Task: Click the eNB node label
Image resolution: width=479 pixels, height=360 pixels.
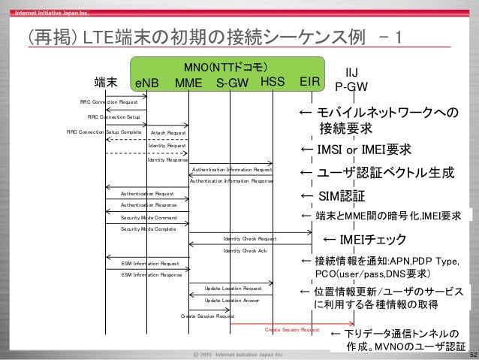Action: (146, 83)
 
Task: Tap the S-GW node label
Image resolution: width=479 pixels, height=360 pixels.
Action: (232, 83)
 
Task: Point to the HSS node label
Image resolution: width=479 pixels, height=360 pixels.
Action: (275, 82)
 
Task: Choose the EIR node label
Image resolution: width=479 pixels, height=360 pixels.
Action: (311, 82)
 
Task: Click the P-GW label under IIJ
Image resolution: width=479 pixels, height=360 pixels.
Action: (351, 86)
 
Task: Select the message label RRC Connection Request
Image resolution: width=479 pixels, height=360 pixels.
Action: (108, 101)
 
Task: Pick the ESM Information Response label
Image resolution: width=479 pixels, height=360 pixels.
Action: (151, 275)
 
